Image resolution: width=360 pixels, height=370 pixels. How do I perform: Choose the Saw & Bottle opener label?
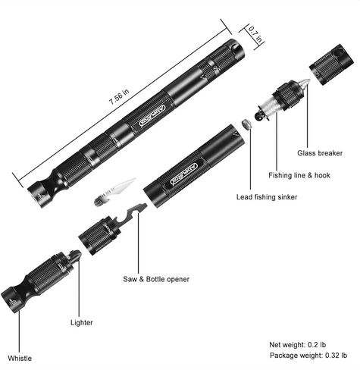(156, 279)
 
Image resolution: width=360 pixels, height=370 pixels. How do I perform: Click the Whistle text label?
(20, 357)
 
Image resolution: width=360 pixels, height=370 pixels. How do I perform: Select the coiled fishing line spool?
(268, 109)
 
